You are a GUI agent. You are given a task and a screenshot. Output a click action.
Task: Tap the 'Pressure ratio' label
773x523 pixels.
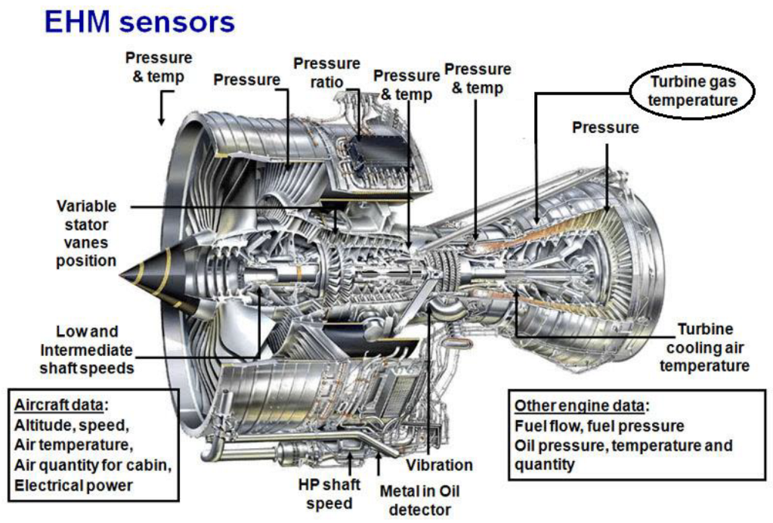[x=326, y=73]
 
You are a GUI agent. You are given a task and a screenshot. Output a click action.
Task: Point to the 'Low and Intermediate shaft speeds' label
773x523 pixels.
[x=87, y=349]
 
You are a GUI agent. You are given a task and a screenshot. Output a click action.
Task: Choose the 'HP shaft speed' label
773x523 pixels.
[x=329, y=494]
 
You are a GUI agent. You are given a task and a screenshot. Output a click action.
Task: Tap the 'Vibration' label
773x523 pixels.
[x=439, y=465]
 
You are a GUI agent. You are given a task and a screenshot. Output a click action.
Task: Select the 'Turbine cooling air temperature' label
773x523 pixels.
[x=704, y=348]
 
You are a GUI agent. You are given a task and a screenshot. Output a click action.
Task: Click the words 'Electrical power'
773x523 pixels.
[x=73, y=484]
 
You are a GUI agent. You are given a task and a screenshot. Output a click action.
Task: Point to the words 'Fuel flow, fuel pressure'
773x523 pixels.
[x=599, y=426]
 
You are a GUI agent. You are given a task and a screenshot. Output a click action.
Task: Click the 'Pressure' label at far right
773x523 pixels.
[x=604, y=128]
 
